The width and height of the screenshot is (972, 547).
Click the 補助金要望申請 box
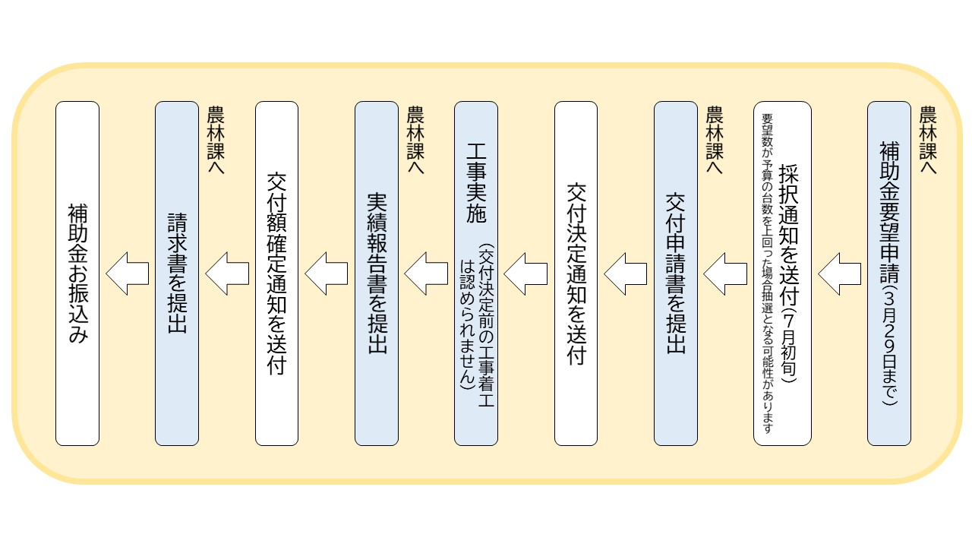pos(888,273)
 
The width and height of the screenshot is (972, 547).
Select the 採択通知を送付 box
pos(782,273)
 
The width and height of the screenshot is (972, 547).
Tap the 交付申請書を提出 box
pos(676,273)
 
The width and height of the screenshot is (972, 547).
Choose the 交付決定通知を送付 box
pos(576,273)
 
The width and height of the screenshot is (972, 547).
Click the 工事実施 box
pos(476,273)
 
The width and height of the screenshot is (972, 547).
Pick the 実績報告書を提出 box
pos(376,273)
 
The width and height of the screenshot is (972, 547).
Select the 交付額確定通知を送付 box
pos(276,273)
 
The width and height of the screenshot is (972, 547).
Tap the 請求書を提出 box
pos(177,273)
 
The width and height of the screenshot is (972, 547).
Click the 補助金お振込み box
pos(77,273)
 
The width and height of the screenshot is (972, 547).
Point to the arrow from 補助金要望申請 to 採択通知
pos(839,274)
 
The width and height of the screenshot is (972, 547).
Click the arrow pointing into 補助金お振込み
pos(127,274)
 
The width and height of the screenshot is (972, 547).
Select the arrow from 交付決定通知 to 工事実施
pos(525,274)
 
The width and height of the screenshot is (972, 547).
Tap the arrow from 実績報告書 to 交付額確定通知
pos(327,274)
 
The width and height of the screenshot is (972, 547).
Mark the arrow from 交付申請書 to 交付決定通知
pos(625,274)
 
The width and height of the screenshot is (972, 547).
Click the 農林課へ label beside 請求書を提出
pos(216,140)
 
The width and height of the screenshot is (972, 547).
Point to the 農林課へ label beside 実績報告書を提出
pos(415,140)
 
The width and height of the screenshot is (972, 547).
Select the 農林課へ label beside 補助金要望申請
pos(928,140)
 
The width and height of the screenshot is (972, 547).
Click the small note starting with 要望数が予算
pos(767,273)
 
